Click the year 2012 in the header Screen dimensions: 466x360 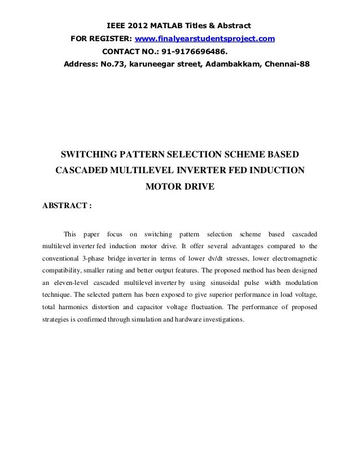pyautogui.click(x=139, y=27)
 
